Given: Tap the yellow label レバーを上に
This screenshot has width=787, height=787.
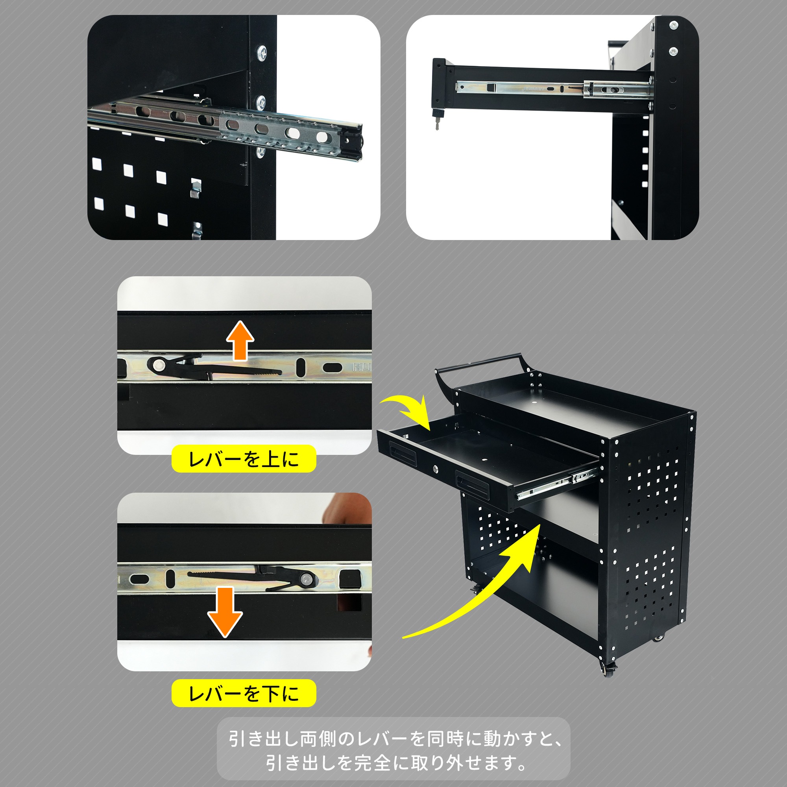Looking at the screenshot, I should click(x=244, y=459).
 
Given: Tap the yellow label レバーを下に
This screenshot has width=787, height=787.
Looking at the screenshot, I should click(x=244, y=693).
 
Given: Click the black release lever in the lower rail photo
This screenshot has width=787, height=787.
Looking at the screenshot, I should click(x=261, y=578).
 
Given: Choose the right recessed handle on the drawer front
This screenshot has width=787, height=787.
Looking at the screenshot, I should click(x=473, y=482).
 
